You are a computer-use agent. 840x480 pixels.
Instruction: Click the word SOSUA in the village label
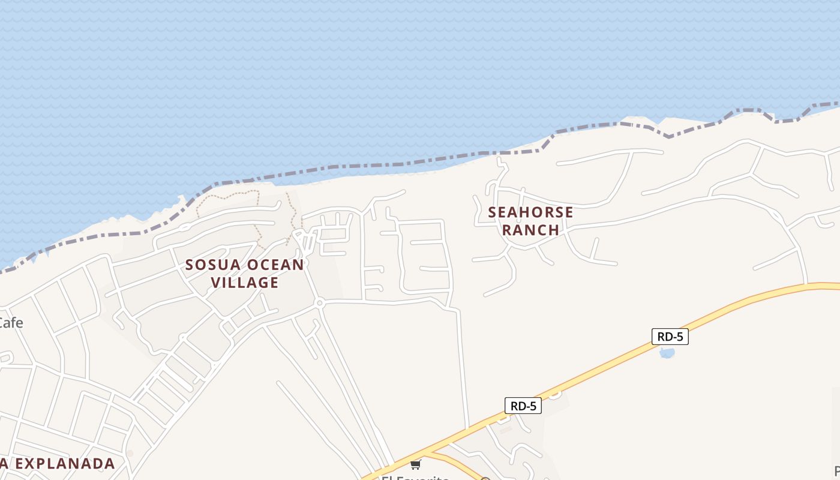(x=211, y=265)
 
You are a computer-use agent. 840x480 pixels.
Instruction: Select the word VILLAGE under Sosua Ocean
(x=245, y=282)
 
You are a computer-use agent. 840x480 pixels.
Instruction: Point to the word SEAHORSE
(x=530, y=212)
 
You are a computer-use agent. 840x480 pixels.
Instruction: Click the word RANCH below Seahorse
(x=530, y=230)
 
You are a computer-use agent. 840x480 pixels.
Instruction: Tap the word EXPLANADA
(x=65, y=463)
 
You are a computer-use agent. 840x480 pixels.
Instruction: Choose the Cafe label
(x=10, y=323)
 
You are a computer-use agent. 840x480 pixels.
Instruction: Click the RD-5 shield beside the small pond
(x=670, y=337)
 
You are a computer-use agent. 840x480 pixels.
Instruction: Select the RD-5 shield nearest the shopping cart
(x=523, y=406)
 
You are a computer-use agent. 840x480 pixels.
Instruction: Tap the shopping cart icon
(x=415, y=464)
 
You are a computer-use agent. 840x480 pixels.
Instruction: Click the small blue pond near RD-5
(x=667, y=353)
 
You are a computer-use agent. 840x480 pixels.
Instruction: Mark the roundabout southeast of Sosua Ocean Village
(x=320, y=303)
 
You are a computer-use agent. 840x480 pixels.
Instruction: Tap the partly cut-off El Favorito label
(x=415, y=478)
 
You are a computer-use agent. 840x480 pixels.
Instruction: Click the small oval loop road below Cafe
(x=6, y=358)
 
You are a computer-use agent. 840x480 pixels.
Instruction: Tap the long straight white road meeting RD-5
(x=463, y=366)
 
